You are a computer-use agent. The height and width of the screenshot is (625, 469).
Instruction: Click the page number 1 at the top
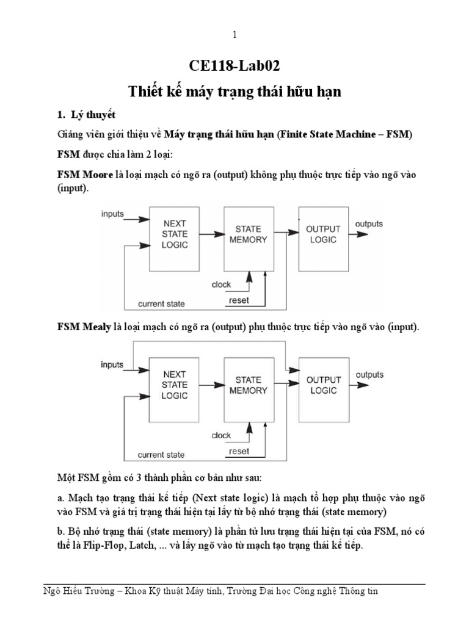pos(234,35)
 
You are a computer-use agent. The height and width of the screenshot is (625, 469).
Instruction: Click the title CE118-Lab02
pos(234,66)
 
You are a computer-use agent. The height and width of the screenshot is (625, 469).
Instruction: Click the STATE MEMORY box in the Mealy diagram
pos(248,384)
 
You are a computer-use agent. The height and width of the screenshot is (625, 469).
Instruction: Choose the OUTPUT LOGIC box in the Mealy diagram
pos(323,384)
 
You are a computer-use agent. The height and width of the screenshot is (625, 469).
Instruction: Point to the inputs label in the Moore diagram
pos(113,214)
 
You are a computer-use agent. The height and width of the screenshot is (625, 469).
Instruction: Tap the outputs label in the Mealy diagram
pos(369,374)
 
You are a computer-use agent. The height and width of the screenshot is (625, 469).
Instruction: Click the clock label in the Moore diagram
pos(221,285)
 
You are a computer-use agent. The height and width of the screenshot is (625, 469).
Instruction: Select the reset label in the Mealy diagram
pos(238,452)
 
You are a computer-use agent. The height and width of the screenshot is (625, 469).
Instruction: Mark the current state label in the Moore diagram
pos(161,303)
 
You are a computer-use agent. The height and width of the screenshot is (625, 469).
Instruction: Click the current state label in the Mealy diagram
pos(161,455)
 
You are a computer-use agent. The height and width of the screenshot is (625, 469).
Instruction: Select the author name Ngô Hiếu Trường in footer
pos(85,592)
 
